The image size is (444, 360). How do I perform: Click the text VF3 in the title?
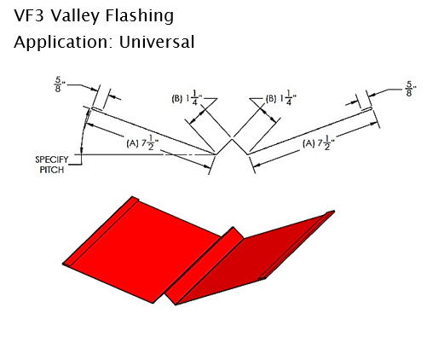(x=29, y=15)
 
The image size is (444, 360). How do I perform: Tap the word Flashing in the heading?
(x=139, y=16)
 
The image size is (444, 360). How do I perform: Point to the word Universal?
(x=157, y=42)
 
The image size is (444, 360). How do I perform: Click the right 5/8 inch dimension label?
(x=410, y=89)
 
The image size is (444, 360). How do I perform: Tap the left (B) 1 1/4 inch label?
(x=187, y=98)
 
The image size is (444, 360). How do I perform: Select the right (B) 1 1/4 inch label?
(x=280, y=98)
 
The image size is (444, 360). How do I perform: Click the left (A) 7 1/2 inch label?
(x=142, y=143)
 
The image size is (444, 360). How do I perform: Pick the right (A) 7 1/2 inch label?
(x=319, y=143)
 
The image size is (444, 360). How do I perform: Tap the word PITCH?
(x=52, y=170)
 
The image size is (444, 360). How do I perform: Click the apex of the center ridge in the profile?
(x=233, y=138)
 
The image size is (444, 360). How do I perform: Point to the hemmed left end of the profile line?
(x=93, y=108)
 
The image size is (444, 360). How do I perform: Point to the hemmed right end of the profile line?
(x=370, y=108)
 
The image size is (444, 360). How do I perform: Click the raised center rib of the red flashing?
(x=205, y=265)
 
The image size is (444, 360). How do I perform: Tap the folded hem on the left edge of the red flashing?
(x=100, y=232)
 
